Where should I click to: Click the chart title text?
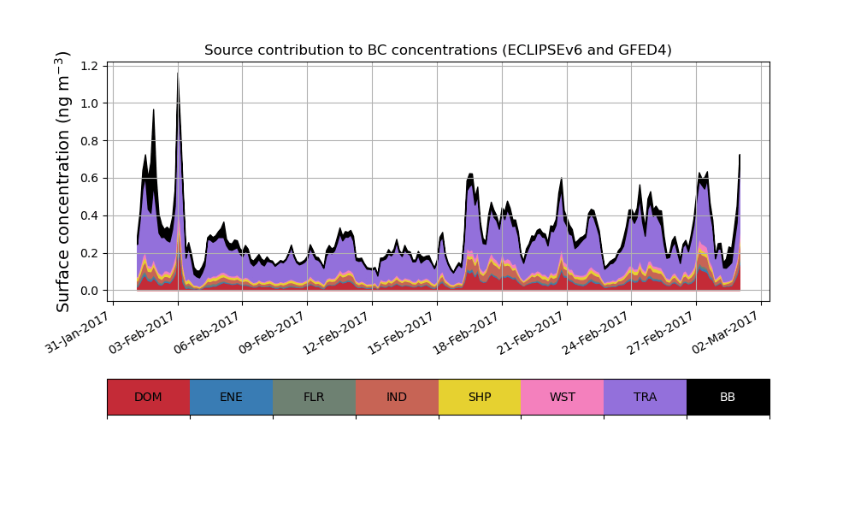(x=438, y=50)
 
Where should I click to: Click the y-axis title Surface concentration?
(x=64, y=181)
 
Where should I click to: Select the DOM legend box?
(x=148, y=397)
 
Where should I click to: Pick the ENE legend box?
(x=231, y=397)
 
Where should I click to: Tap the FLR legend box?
(x=314, y=397)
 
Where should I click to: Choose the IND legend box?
(x=397, y=397)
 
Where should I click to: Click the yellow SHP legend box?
(x=480, y=397)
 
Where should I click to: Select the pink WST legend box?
(x=563, y=397)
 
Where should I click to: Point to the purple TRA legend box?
(x=646, y=397)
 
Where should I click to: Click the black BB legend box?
(x=728, y=397)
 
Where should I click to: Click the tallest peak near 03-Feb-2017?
(x=178, y=74)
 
